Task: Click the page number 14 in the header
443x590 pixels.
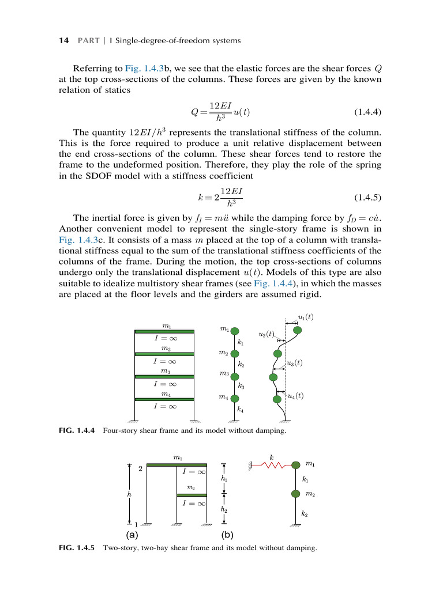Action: pyautogui.click(x=64, y=40)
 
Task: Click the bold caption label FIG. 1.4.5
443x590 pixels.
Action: pyautogui.click(x=79, y=548)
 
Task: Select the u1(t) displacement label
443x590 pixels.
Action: pyautogui.click(x=306, y=317)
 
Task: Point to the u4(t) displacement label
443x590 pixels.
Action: pyautogui.click(x=295, y=395)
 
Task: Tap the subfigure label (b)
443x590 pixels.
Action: pyautogui.click(x=227, y=534)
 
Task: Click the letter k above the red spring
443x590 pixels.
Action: pyautogui.click(x=272, y=457)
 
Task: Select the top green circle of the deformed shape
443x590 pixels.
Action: pyautogui.click(x=298, y=331)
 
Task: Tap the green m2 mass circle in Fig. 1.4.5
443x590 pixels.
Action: pyautogui.click(x=296, y=494)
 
